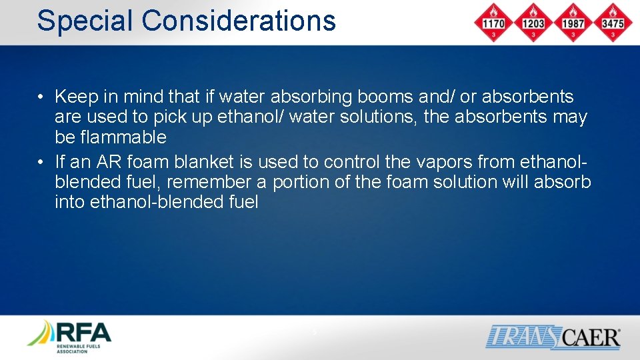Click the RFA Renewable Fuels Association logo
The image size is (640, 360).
click(x=69, y=337)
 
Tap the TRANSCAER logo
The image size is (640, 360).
click(x=553, y=337)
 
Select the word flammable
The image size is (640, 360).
click(x=124, y=137)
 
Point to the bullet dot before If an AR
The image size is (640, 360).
click(x=41, y=163)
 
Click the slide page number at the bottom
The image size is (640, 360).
click(x=315, y=331)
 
